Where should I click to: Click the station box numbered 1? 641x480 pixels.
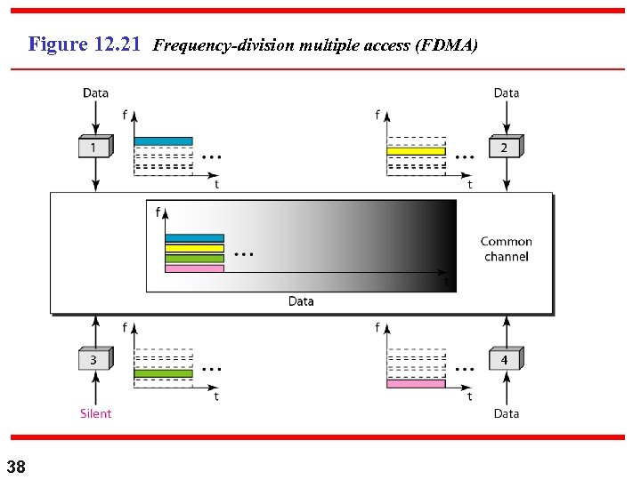[x=94, y=147]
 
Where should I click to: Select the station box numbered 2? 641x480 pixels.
[x=504, y=147]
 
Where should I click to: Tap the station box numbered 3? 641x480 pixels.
[x=94, y=359]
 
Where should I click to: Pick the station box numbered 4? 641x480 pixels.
[x=504, y=359]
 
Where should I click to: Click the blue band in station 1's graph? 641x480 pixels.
[x=163, y=141]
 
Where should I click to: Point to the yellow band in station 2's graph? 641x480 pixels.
[x=416, y=151]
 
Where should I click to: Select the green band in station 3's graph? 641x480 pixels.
[x=163, y=373]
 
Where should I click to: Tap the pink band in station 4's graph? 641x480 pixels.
[x=416, y=384]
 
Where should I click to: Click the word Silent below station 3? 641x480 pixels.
[x=95, y=413]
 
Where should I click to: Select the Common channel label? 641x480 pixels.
[x=506, y=249]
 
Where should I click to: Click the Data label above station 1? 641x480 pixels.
[x=95, y=92]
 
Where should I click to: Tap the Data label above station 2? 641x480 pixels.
[x=506, y=92]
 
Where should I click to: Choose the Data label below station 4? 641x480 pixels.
[x=506, y=413]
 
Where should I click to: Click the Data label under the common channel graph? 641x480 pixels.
[x=301, y=301]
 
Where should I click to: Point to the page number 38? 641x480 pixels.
[x=16, y=467]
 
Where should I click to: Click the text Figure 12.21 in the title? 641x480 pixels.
[x=85, y=44]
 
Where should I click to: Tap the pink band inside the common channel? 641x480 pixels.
[x=194, y=268]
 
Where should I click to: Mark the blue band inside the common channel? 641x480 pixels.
[x=194, y=238]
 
